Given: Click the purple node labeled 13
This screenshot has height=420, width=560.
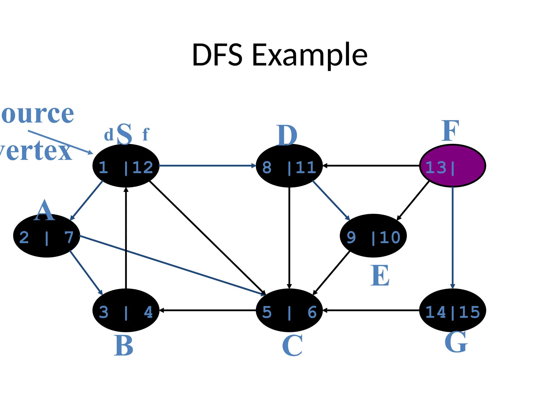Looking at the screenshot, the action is tap(453, 166).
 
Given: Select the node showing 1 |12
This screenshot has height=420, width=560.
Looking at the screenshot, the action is tap(126, 166).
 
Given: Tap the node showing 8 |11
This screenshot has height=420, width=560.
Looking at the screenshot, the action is tap(289, 166).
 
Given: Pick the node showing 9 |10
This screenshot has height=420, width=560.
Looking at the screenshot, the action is tap(373, 236).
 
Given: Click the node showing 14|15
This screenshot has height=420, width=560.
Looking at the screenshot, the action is tap(453, 310).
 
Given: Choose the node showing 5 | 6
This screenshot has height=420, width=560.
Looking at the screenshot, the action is tap(289, 310).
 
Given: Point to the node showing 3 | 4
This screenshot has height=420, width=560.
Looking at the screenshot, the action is tap(126, 310).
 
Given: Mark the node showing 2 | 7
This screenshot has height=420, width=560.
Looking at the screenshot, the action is tap(46, 236).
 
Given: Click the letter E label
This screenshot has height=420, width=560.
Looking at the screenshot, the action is tap(380, 276).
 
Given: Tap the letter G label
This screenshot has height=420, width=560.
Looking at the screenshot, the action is tap(456, 342).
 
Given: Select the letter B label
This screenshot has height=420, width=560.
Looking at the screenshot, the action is tap(124, 346).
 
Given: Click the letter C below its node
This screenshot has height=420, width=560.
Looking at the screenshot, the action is tap(292, 346).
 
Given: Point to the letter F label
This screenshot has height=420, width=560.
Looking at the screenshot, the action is tap(450, 131).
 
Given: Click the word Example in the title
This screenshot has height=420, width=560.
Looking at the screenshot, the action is tap(310, 55).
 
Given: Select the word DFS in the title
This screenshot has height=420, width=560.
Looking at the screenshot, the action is tap(217, 55).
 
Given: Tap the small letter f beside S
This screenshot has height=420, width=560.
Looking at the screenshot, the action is tap(146, 135).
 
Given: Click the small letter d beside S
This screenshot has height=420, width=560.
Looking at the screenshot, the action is tap(109, 135).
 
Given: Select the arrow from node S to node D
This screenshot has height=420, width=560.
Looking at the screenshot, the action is tap(207, 166).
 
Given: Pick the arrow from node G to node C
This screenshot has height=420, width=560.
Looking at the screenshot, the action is tap(371, 310).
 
